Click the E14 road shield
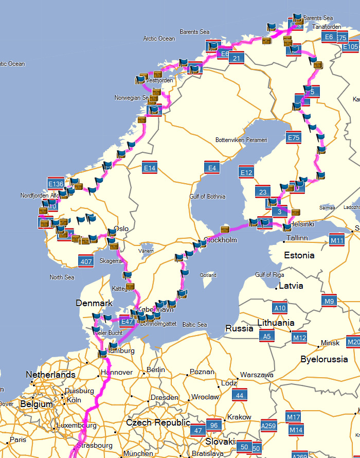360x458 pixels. [x=150, y=168]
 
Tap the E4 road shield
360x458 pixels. [x=212, y=167]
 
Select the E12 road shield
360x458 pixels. [x=246, y=172]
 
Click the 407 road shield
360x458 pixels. [x=86, y=261]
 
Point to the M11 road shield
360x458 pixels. [x=337, y=240]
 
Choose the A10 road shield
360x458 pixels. [x=280, y=308]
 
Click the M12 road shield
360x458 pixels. [x=299, y=338]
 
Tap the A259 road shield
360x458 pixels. [x=269, y=426]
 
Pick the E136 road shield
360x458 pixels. [x=55, y=184]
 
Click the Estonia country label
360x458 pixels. [x=300, y=255]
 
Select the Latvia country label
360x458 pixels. [x=291, y=286]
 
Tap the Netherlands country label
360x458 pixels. [x=51, y=375]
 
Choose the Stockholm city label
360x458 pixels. [x=221, y=240]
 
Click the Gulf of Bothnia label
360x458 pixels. [x=207, y=196]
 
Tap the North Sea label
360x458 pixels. [x=62, y=277]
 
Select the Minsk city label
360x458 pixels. [x=330, y=343]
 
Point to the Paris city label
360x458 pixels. [x=17, y=440]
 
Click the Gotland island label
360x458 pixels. [x=208, y=275]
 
